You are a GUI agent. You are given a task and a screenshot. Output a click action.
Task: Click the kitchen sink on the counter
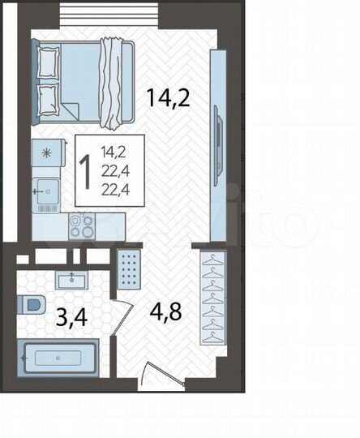coord(46,191)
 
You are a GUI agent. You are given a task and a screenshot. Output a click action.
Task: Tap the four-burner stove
coord(80,225)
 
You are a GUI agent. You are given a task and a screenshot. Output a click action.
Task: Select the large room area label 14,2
coord(168,98)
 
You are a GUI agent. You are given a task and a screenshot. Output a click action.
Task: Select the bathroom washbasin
coord(73,280)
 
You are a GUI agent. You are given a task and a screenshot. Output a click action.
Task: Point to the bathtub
coord(58,357)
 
